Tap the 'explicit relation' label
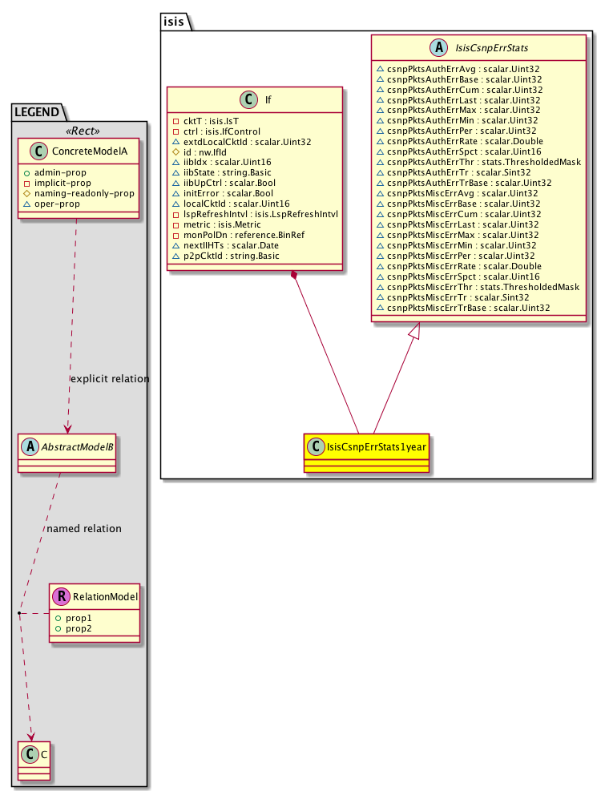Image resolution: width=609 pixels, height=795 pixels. pyautogui.click(x=110, y=378)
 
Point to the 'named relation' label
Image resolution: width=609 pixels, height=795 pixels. pyautogui.click(x=84, y=529)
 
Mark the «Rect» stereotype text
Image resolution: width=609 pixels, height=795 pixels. pyautogui.click(x=79, y=131)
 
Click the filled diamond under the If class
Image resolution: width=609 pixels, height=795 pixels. pyautogui.click(x=296, y=276)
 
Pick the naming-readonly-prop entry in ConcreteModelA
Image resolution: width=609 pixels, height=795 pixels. pyautogui.click(x=84, y=193)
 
